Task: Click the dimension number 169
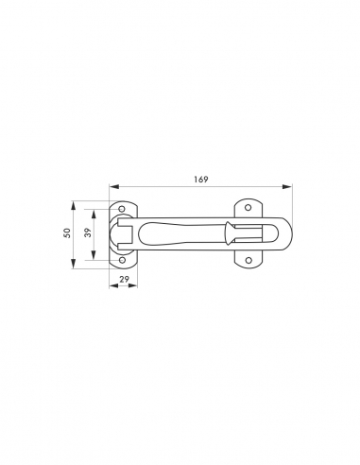[201, 180]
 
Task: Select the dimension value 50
[67, 233]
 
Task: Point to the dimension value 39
[89, 232]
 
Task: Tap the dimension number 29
[124, 279]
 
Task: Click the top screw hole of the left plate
[122, 209]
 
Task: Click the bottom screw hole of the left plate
[122, 260]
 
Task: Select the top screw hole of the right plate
[249, 208]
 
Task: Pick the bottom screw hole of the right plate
[249, 260]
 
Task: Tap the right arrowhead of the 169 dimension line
[287, 187]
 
